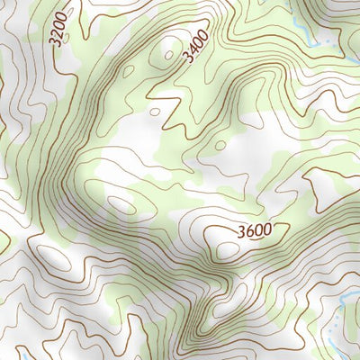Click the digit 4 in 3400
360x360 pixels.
pyautogui.click(x=191, y=49)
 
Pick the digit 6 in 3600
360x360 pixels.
pyautogui.click(x=248, y=231)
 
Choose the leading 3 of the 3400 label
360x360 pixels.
pyautogui.click(x=185, y=56)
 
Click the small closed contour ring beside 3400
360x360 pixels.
pyautogui.click(x=168, y=53)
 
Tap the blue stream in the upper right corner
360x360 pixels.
pyautogui.click(x=310, y=36)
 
